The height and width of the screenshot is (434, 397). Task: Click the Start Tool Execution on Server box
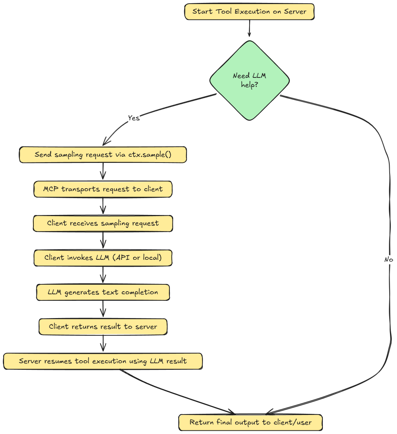pos(249,12)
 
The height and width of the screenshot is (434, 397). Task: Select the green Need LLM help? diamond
pos(250,80)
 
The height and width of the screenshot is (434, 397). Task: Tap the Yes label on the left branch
pos(134,118)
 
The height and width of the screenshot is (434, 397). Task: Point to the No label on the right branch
pos(389,259)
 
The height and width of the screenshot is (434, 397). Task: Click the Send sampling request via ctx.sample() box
pos(103,155)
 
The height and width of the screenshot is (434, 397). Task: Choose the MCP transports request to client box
pos(103,189)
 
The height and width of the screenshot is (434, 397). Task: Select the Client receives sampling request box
pos(103,223)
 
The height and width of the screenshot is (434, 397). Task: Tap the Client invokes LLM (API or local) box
pos(103,258)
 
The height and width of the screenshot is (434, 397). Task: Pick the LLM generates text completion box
pos(103,292)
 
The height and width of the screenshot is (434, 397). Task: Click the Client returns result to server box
pos(103,327)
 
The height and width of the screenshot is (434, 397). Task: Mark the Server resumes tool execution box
pos(103,361)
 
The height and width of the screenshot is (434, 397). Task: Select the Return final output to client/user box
pos(250,422)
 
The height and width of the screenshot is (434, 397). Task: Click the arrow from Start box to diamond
pos(250,28)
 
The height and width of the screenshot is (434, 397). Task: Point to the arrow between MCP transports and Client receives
pos(103,206)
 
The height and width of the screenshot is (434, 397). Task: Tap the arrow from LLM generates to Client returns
pos(103,309)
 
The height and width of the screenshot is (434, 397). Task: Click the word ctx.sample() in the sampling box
pos(150,154)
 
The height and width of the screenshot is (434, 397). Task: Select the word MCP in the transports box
pos(51,189)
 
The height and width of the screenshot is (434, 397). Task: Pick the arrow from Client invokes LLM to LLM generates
pos(103,274)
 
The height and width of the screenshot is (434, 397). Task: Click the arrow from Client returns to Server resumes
pos(103,343)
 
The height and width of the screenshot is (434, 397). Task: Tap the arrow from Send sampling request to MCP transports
pos(103,171)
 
